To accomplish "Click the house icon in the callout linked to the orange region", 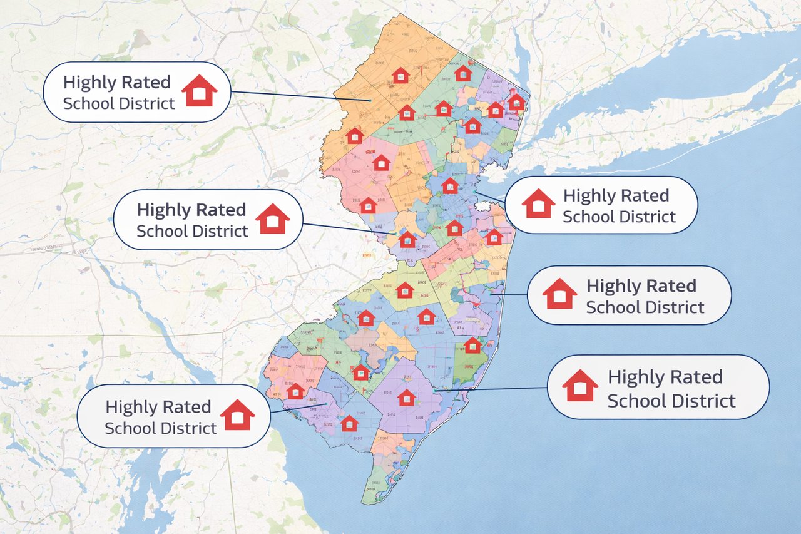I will click(x=199, y=91).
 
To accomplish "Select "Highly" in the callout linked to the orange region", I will click(x=88, y=82).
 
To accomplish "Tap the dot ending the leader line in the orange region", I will click(x=370, y=101).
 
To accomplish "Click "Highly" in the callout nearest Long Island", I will click(x=588, y=196).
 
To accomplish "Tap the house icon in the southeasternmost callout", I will click(x=580, y=386).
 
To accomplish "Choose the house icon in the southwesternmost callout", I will click(x=238, y=415).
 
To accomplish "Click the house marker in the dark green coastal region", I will click(x=472, y=345).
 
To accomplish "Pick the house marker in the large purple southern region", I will click(x=407, y=397).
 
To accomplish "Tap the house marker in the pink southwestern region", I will click(x=295, y=391).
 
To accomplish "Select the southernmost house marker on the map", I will click(x=349, y=423).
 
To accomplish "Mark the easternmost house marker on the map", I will click(x=516, y=102).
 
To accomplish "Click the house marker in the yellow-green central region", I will click(x=405, y=290).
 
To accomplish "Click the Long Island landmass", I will click(x=657, y=113).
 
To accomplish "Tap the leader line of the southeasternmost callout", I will click(x=494, y=389).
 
